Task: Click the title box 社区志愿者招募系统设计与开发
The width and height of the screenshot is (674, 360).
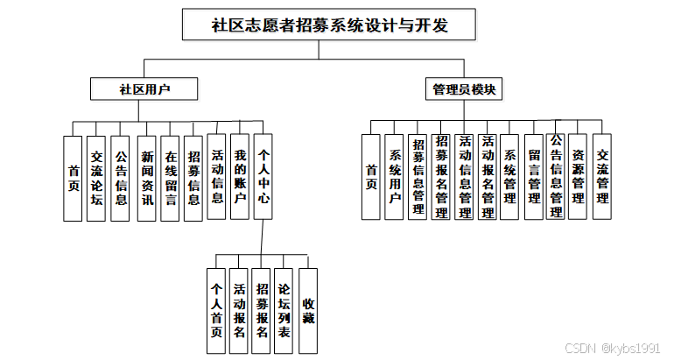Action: point(329,25)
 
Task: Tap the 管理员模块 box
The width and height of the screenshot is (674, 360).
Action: point(467,88)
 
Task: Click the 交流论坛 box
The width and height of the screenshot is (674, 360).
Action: point(96,178)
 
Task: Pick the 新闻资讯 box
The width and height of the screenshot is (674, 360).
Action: point(147,178)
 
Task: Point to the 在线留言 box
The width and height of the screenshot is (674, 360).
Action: point(171,178)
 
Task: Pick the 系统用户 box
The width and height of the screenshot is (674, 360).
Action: point(395,177)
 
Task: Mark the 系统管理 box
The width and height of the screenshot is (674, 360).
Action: point(510,177)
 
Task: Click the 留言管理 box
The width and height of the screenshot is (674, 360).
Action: point(533,177)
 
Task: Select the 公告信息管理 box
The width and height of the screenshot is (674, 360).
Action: point(556,177)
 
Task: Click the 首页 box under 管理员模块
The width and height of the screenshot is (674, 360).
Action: point(372,177)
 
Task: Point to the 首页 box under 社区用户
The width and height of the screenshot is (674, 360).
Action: point(74,178)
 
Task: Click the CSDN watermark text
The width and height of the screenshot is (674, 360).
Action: point(617,348)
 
